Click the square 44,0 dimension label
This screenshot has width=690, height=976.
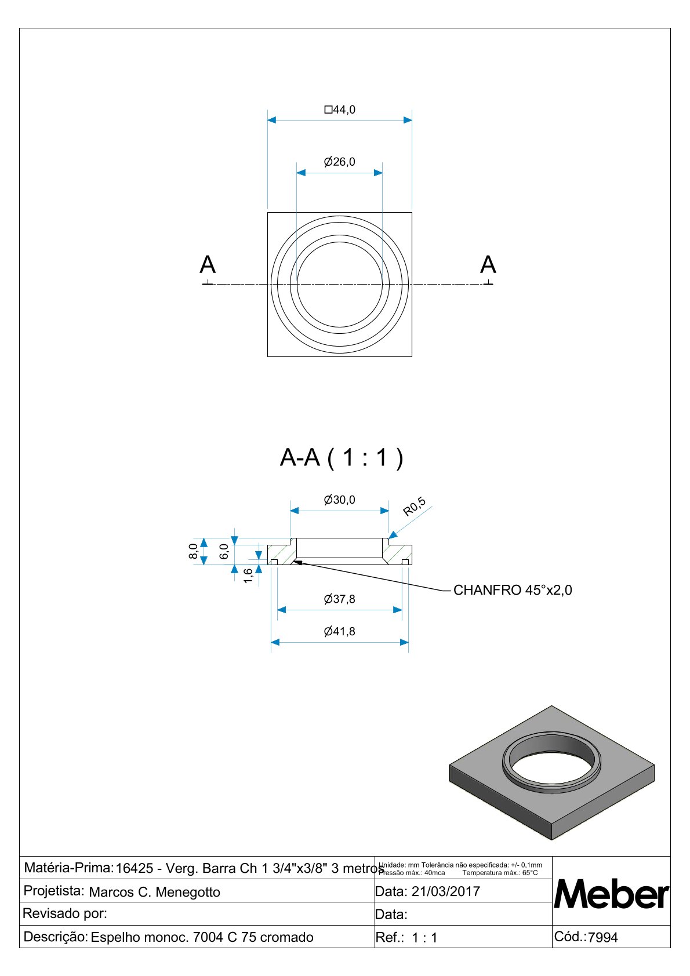340,110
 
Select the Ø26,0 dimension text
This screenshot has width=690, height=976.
340,162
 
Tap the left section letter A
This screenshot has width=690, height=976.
208,265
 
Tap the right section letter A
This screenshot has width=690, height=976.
488,265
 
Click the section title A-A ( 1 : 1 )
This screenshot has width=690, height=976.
342,458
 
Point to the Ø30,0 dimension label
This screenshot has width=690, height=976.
340,500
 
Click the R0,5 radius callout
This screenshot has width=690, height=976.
415,507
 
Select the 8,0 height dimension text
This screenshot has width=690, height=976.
194,551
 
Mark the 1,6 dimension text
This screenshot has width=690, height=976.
248,576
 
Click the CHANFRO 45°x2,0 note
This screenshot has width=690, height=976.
513,591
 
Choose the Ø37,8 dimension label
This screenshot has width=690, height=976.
340,599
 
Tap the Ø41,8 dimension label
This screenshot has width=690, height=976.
340,632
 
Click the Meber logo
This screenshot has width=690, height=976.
611,895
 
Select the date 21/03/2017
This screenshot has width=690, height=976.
446,891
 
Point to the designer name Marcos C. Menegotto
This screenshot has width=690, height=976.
155,892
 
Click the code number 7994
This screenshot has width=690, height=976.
603,937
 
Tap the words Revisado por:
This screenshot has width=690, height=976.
65,914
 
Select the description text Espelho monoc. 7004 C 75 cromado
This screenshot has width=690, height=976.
202,937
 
